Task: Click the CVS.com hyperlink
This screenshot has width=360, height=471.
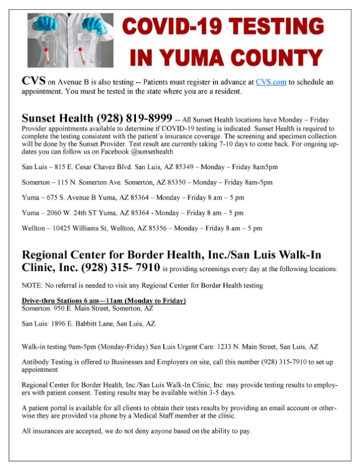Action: (x=271, y=82)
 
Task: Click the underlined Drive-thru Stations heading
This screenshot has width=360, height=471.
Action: (x=103, y=300)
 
